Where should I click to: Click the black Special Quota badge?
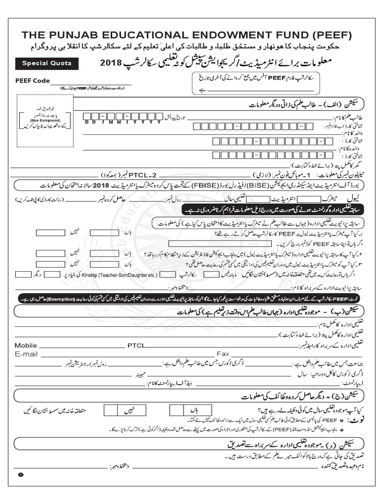(x=46, y=63)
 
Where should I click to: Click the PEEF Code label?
(x=32, y=80)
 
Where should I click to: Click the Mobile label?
(x=26, y=345)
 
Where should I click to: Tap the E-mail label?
(x=26, y=354)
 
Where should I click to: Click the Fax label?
(x=223, y=354)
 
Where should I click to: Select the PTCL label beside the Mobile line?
(x=136, y=345)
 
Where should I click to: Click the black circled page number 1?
(x=21, y=474)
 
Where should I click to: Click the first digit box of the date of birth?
(x=88, y=116)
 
